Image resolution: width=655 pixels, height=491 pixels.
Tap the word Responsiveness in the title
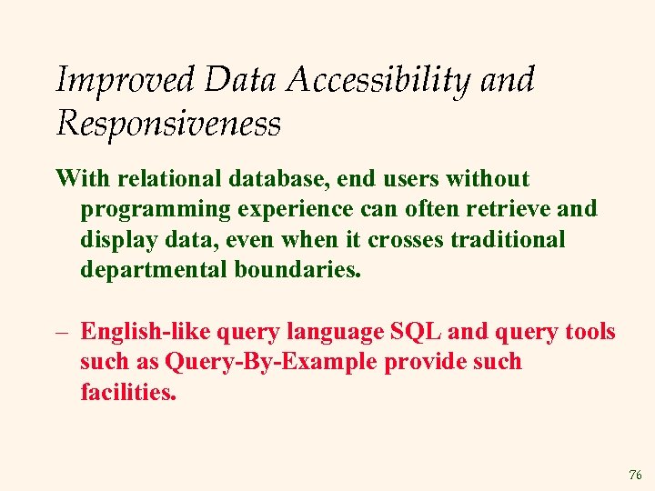coord(168,123)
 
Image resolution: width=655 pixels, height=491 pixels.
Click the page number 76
coord(634,475)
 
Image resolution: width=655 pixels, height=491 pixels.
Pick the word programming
coord(156,209)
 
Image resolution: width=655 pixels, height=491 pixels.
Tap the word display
coord(113,240)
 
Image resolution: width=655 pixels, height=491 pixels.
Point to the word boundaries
coord(295,271)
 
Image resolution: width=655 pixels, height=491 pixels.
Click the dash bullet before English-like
coord(63,332)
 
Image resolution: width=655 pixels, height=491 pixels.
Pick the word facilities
coord(127,393)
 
